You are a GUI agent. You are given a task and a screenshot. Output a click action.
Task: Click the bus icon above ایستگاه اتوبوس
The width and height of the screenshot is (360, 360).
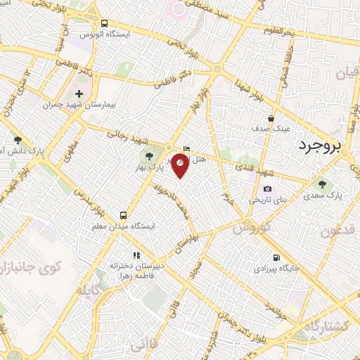pyautogui.click(x=104, y=22)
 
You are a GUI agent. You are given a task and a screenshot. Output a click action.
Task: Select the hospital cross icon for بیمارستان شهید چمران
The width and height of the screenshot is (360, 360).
pyautogui.click(x=79, y=93)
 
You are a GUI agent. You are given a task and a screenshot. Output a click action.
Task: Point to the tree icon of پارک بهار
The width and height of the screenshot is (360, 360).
pyautogui.click(x=148, y=155)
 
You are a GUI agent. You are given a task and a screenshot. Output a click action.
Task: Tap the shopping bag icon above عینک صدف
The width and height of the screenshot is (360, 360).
pyautogui.click(x=271, y=118)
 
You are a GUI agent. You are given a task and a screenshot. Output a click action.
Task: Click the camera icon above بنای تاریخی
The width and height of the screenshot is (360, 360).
pyautogui.click(x=267, y=188)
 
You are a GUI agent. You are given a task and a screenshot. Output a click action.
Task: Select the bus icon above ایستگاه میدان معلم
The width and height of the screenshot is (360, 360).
pyautogui.click(x=124, y=215)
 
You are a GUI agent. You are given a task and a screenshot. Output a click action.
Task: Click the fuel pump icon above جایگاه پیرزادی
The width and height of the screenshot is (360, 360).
pyautogui.click(x=274, y=257)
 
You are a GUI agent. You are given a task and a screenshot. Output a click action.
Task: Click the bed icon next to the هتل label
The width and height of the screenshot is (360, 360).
pyautogui.click(x=186, y=148)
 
